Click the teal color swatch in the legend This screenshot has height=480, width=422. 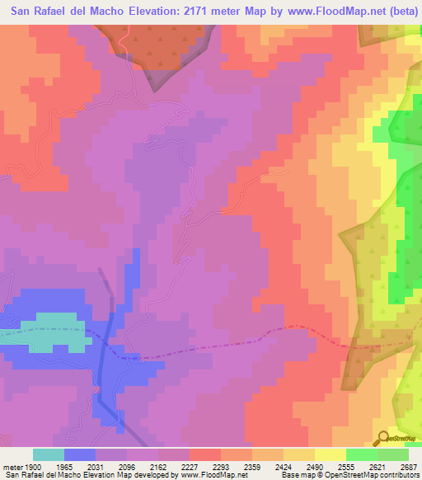49,454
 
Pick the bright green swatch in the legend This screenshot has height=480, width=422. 361,454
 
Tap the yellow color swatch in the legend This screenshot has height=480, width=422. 330,454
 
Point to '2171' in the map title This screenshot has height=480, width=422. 189,11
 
